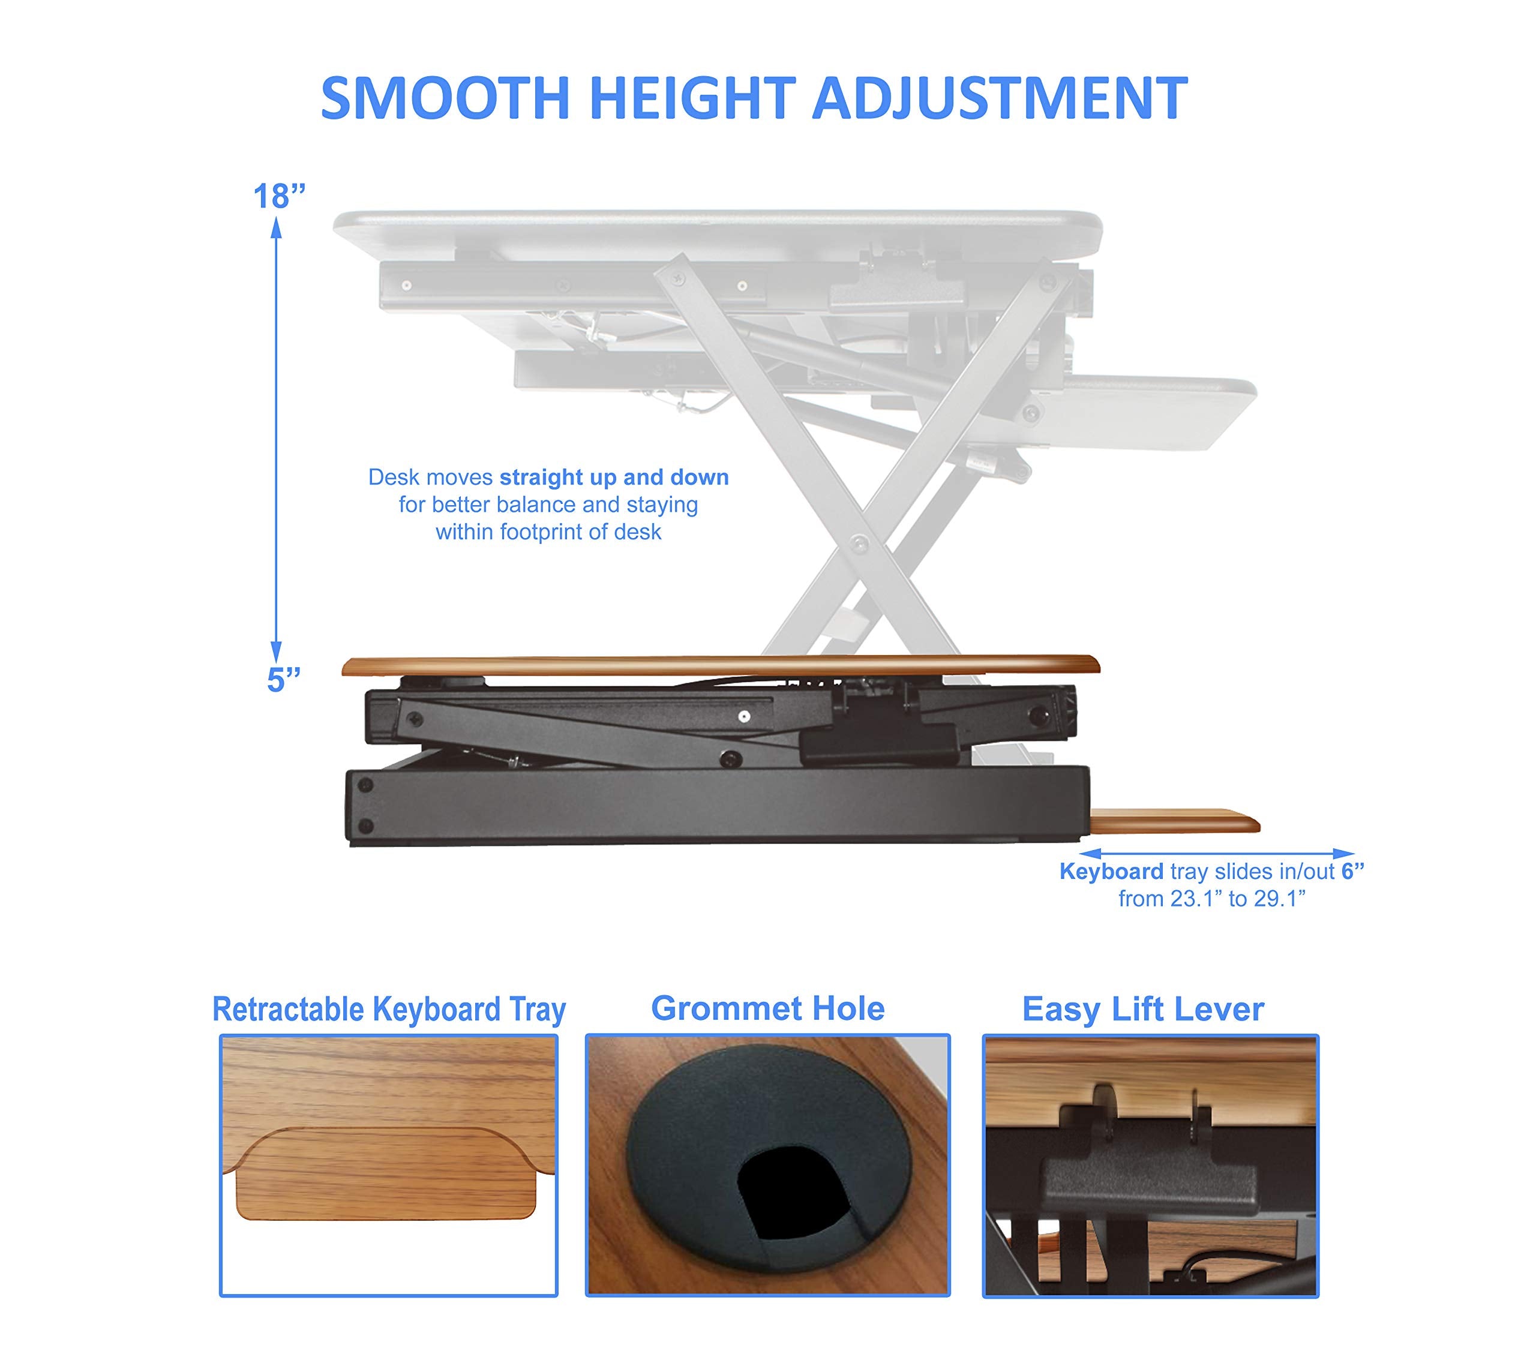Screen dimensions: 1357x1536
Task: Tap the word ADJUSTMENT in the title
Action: coord(999,98)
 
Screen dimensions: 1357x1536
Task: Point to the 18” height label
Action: coord(279,197)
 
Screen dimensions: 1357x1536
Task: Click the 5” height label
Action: coord(283,680)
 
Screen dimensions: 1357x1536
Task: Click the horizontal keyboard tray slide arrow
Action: coord(1217,854)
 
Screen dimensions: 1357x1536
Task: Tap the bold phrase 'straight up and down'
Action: coord(614,478)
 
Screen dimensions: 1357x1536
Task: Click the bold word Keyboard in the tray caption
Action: coord(1111,872)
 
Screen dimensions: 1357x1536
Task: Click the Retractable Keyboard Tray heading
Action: coord(389,1009)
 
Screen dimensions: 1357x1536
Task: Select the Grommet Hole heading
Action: coord(767,1008)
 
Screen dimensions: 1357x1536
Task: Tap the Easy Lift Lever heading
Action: coord(1142,1009)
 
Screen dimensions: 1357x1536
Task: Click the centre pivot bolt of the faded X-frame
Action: coord(859,544)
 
